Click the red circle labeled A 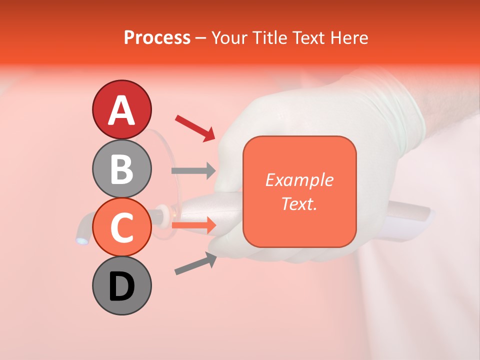121,110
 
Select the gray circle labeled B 121,169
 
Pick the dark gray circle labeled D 121,286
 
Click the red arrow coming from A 195,127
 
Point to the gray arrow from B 193,171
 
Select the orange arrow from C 193,225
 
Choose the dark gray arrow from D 195,263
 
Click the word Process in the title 157,37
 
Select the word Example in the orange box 299,180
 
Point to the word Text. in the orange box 299,203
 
